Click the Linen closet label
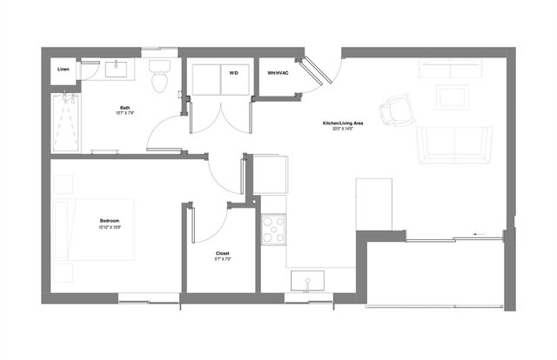coord(64,69)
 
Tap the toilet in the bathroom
coord(158,77)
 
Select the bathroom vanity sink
coord(117,69)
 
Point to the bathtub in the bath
coord(65,123)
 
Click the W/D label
coord(233,73)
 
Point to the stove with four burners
coord(274,228)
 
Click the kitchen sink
coord(307,280)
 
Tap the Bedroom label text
coord(109,222)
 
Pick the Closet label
coord(222,253)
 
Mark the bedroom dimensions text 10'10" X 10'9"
coord(109,229)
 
